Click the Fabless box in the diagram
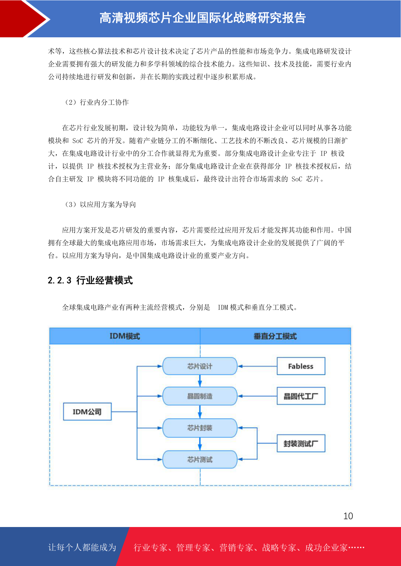coord(301,366)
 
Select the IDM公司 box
coord(87,412)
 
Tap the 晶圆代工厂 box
coord(301,396)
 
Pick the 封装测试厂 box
coord(301,443)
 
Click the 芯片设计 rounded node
coord(200,366)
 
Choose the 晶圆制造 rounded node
coord(200,396)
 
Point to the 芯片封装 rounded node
coord(200,428)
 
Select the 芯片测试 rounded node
coord(200,459)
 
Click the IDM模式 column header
coord(125,336)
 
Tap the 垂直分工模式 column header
coord(275,336)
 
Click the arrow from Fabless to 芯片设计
coord(257,366)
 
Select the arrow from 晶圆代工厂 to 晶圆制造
coord(257,396)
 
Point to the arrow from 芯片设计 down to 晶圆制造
coord(200,381)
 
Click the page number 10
coord(348,516)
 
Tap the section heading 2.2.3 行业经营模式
coord(90,280)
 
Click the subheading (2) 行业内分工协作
coord(97,102)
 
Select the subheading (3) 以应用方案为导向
coord(100,204)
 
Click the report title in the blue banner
coord(203,18)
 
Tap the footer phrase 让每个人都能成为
coord(82,547)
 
